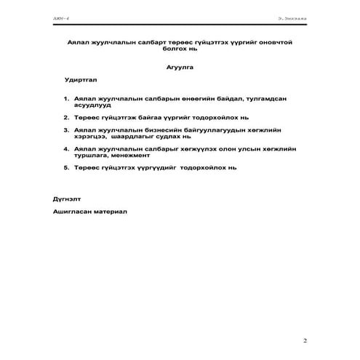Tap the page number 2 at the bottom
pos(305,340)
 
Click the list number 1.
pos(66,97)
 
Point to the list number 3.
pos(66,129)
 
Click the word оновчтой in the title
pos(273,43)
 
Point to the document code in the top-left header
pos(59,14)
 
